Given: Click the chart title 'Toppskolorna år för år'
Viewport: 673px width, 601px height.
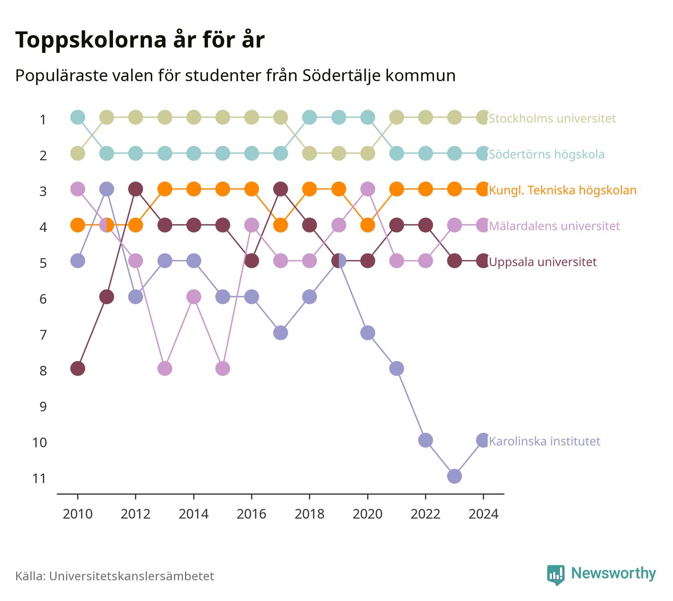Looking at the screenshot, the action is pyautogui.click(x=140, y=40).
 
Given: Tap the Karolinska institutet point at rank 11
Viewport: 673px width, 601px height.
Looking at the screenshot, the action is pyautogui.click(x=455, y=476).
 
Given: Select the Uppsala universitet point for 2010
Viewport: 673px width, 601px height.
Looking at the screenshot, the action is pyautogui.click(x=78, y=369).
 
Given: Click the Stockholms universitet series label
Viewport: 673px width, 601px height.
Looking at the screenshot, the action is pyautogui.click(x=552, y=118).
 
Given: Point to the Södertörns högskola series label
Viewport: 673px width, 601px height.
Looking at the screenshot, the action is pyautogui.click(x=546, y=154).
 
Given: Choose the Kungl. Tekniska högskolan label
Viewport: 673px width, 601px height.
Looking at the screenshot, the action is pyautogui.click(x=563, y=190).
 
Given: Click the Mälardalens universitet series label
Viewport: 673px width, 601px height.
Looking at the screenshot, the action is pyautogui.click(x=554, y=226).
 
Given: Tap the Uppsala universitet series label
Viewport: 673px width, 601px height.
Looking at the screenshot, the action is pyautogui.click(x=543, y=261).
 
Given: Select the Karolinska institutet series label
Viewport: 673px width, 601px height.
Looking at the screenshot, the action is pyautogui.click(x=544, y=441).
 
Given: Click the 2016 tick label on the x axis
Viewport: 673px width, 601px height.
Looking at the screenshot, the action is pyautogui.click(x=252, y=514).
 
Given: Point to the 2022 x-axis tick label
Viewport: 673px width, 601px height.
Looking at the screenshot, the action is pyautogui.click(x=425, y=514).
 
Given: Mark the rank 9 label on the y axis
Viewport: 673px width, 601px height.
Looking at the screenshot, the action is pyautogui.click(x=43, y=406).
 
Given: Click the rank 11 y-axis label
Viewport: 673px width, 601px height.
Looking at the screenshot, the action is pyautogui.click(x=39, y=478).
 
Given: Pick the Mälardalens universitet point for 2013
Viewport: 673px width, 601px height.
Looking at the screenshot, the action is pyautogui.click(x=165, y=369).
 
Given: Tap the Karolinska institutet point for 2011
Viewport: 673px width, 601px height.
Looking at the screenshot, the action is pyautogui.click(x=106, y=189).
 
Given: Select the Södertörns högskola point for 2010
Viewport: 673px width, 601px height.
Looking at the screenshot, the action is pyautogui.click(x=78, y=117).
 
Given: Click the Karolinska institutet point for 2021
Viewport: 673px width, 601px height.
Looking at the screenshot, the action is pyautogui.click(x=397, y=369).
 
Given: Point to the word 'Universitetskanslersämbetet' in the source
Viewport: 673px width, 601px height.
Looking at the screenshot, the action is pyautogui.click(x=132, y=576).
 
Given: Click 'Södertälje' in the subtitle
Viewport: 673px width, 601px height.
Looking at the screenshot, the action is pyautogui.click(x=342, y=76).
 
